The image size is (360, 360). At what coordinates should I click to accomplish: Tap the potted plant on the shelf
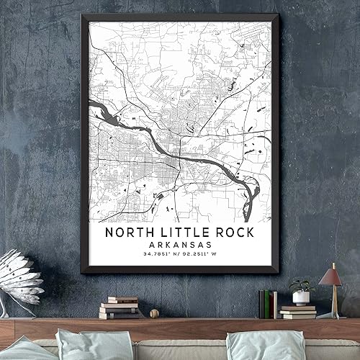(x=301, y=291)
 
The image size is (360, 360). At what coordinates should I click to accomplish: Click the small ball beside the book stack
(x=154, y=314)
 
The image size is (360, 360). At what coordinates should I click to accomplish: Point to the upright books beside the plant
(x=268, y=303)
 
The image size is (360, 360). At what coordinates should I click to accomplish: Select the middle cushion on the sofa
(x=94, y=345)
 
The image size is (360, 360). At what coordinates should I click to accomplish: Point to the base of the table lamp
(x=331, y=315)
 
